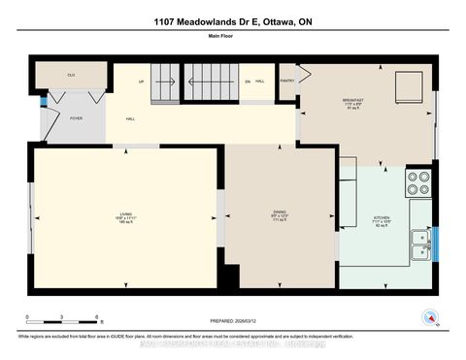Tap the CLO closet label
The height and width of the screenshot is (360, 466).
click(71, 75)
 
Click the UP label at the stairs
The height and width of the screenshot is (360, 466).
click(142, 82)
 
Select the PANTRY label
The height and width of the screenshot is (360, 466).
click(287, 82)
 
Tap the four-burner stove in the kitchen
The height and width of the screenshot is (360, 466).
click(417, 183)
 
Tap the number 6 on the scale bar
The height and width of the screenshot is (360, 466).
click(97, 317)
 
